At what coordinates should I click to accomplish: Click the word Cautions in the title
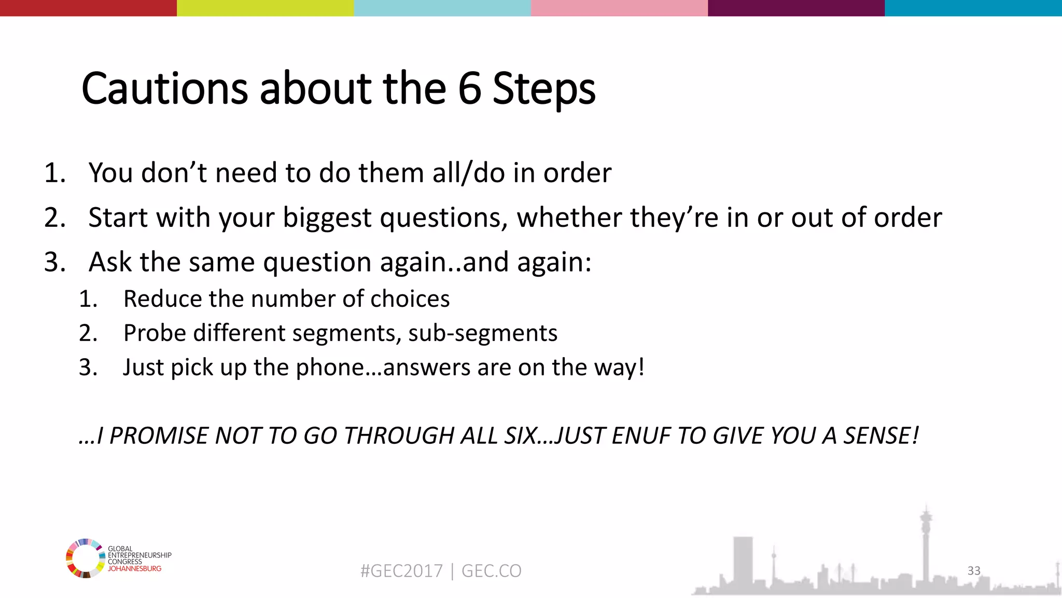tap(164, 89)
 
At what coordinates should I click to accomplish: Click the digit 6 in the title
tap(469, 89)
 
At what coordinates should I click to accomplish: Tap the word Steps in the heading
tap(543, 89)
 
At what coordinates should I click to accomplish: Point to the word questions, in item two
tap(444, 218)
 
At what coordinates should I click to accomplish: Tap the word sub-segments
tap(482, 333)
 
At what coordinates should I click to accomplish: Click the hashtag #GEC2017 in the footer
tap(401, 571)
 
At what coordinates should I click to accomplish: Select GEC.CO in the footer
tap(491, 571)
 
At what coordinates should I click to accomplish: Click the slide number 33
tap(974, 570)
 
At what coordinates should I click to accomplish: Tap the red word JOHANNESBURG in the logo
tap(134, 569)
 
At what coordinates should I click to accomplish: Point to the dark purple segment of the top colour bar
tap(796, 8)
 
